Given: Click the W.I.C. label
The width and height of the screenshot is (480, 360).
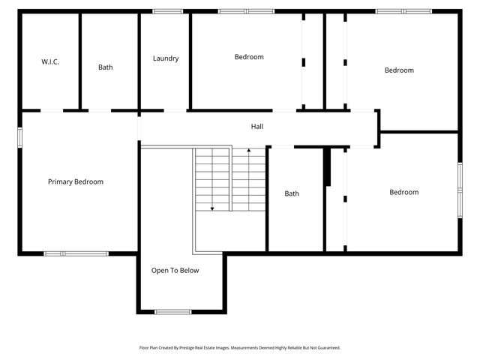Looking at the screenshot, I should [x=50, y=61].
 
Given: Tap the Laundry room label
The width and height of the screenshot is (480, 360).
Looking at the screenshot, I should [x=166, y=58].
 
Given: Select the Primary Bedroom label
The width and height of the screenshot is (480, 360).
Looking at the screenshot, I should [x=76, y=181].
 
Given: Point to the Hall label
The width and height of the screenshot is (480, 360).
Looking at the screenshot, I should [x=256, y=126].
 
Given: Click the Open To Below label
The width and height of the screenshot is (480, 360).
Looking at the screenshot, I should [x=175, y=271].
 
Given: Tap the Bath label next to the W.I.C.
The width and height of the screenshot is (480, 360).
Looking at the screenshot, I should [x=106, y=67].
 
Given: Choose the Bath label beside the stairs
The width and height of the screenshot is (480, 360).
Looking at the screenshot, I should [x=292, y=193].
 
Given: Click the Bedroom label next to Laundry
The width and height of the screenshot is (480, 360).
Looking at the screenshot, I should [x=249, y=57].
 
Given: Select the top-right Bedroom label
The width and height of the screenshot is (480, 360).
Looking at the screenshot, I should [x=399, y=70].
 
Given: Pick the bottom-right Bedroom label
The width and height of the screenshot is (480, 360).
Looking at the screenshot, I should [x=403, y=192].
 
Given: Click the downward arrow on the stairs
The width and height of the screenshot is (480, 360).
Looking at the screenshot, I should [x=212, y=206].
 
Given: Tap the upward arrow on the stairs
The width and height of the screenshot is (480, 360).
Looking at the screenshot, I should [x=248, y=152].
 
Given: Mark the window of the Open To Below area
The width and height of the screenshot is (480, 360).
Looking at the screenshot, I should [x=172, y=311].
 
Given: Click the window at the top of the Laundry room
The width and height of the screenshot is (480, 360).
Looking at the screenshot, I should [x=167, y=11].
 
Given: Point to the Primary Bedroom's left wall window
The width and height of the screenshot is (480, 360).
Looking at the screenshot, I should [x=20, y=137].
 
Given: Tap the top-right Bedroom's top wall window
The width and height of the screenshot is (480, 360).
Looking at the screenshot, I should [x=403, y=11].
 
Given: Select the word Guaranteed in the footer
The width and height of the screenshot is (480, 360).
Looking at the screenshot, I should [x=325, y=348].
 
